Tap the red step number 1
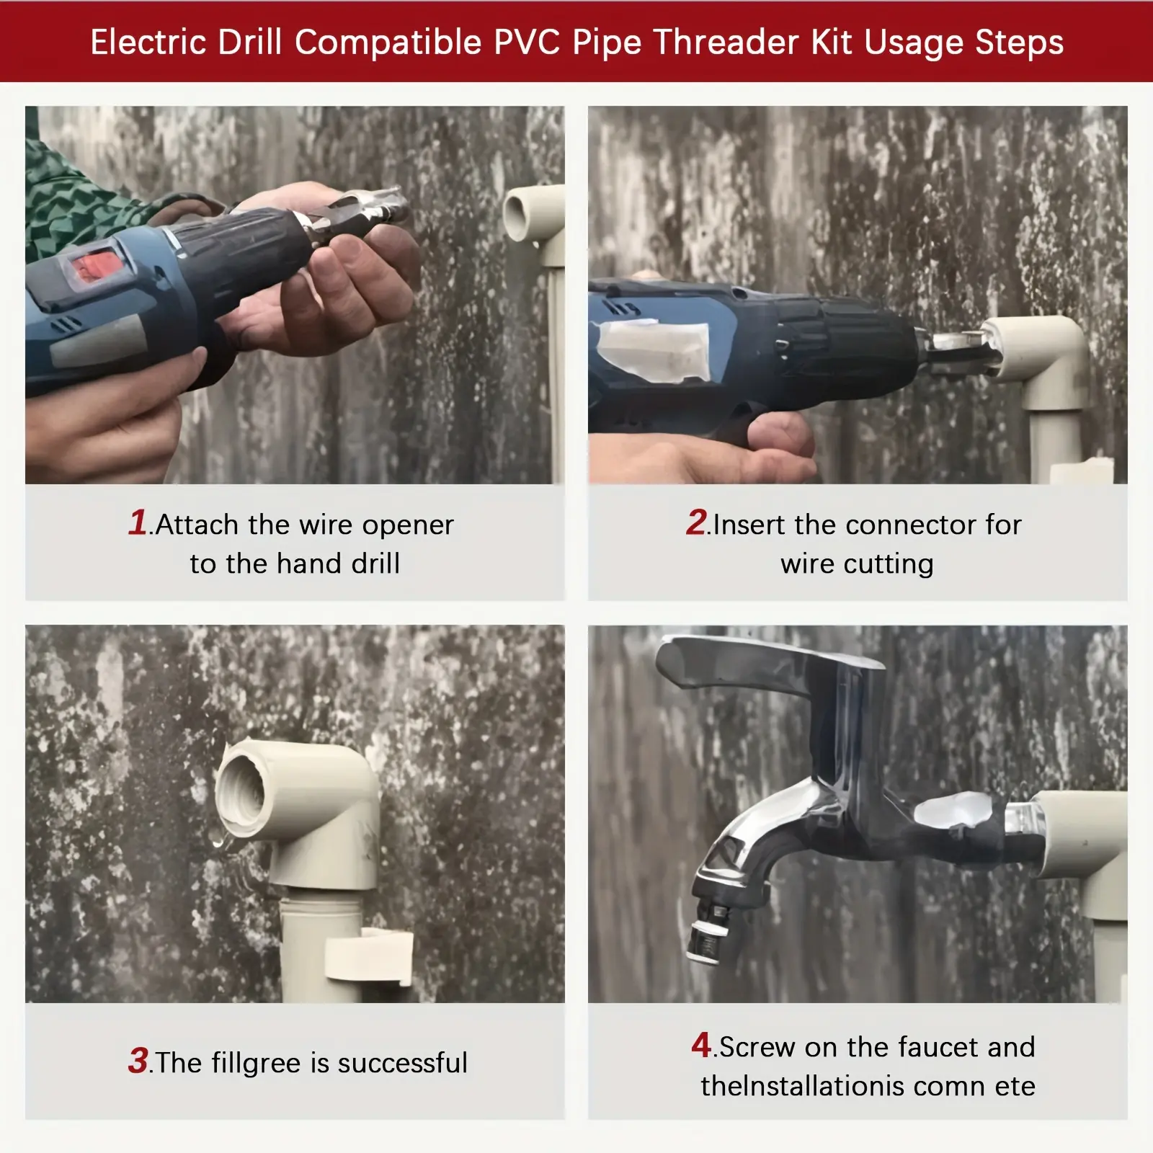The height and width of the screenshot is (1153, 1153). (x=138, y=522)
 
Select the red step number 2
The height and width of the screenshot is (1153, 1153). (x=696, y=522)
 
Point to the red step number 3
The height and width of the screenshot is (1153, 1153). (x=138, y=1061)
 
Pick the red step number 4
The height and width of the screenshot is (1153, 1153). (x=701, y=1045)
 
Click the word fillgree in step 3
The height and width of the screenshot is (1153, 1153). (x=256, y=1064)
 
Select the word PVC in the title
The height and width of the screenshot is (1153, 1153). (x=527, y=42)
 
